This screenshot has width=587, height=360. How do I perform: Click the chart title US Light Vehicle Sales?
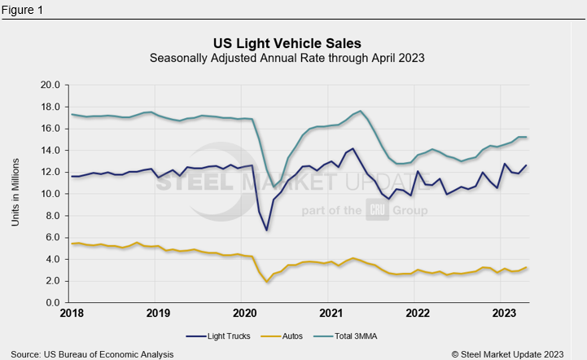287,42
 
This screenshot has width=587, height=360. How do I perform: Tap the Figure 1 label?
23,11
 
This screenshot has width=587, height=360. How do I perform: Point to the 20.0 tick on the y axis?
50,85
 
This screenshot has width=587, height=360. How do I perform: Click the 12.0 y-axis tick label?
50,172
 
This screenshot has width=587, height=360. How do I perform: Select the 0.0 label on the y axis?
54,303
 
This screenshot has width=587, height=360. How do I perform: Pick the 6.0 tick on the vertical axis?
54,237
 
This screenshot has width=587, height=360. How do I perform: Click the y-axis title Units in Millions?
15,193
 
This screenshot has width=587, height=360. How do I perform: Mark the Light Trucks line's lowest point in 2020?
266,230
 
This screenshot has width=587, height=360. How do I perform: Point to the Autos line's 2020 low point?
267,282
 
